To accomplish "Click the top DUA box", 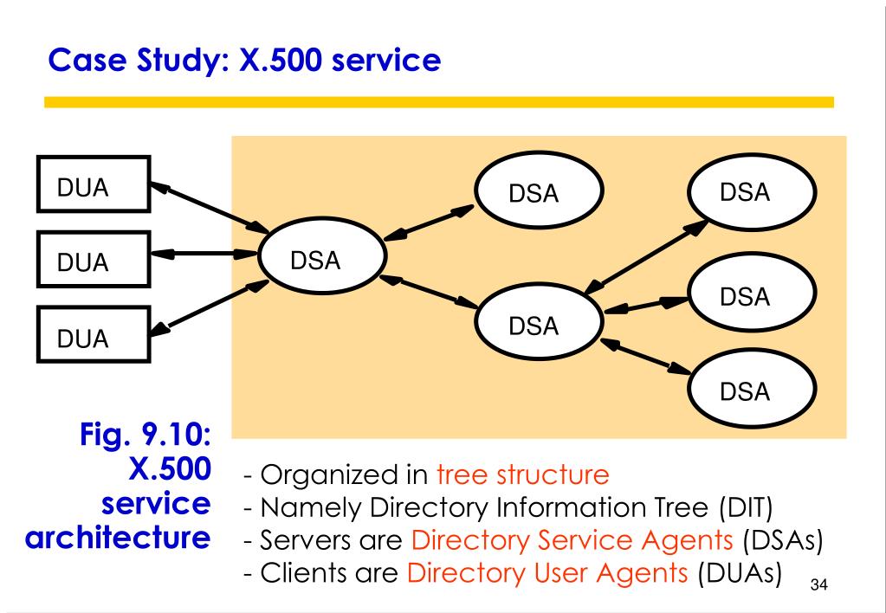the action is (94, 184).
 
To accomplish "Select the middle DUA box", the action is (94, 260).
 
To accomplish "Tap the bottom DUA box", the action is (94, 334).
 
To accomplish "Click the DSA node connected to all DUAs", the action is (322, 257).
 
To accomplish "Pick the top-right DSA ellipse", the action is (752, 191).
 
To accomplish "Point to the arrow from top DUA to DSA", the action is (210, 207).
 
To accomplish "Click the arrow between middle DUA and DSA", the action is (204, 255).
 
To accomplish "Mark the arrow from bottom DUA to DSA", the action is (209, 308).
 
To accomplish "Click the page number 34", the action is (818, 584).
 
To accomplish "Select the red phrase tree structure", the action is (522, 474).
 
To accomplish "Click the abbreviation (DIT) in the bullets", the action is (746, 507).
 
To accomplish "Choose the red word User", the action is (559, 573).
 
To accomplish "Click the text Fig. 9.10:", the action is (146, 435).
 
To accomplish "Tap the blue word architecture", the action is (118, 538).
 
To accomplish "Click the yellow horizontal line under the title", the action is (439, 102).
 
